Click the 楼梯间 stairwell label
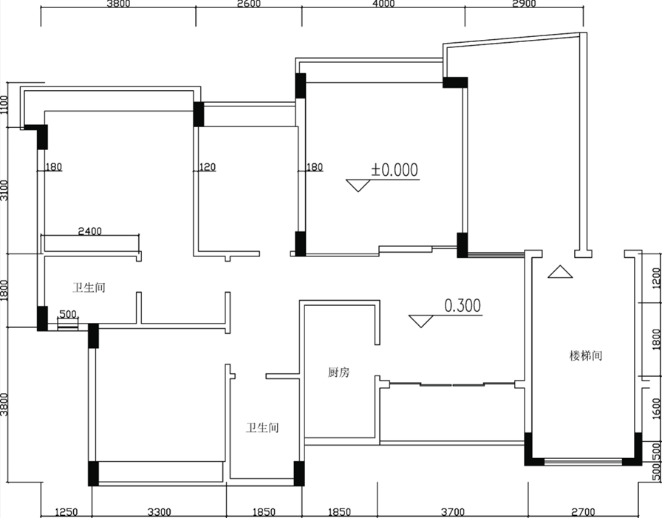click(586, 356)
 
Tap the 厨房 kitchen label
click(338, 372)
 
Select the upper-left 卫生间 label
click(89, 288)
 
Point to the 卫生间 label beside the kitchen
click(262, 428)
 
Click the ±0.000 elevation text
click(395, 170)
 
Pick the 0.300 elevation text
click(463, 306)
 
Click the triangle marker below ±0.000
click(358, 185)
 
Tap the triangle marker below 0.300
click(421, 321)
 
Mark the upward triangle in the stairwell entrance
click(560, 271)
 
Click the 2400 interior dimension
click(90, 231)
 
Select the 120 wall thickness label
click(207, 167)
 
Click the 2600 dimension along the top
click(249, 4)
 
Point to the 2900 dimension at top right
click(524, 4)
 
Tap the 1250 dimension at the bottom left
click(66, 513)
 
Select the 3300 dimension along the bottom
click(159, 513)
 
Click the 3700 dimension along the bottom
click(453, 513)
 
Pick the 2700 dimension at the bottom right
click(583, 513)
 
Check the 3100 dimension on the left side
click(4, 191)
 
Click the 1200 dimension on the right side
click(656, 278)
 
